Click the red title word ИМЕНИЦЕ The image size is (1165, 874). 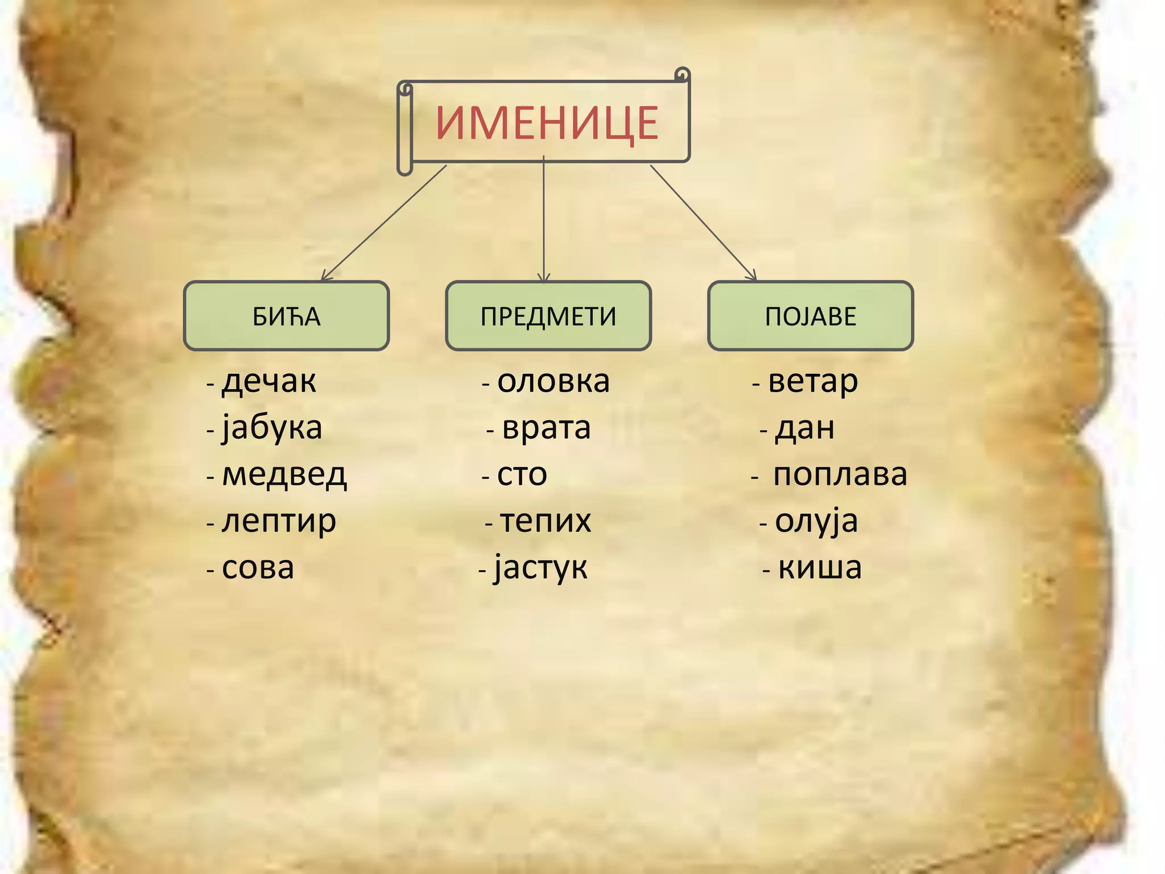click(x=547, y=123)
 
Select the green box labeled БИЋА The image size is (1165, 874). click(x=286, y=316)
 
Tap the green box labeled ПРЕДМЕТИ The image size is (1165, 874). click(x=548, y=316)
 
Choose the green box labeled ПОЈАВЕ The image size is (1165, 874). click(x=810, y=316)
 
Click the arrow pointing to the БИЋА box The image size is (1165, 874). click(x=384, y=222)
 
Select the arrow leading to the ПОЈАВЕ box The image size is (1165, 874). click(x=703, y=222)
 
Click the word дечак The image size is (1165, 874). click(x=268, y=381)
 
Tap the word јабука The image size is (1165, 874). click(x=272, y=428)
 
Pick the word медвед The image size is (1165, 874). click(x=284, y=475)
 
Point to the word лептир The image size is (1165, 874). click(x=279, y=521)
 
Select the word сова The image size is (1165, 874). click(x=258, y=568)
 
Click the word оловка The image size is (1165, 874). click(x=553, y=381)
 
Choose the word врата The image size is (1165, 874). click(x=546, y=428)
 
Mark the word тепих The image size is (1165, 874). click(x=546, y=521)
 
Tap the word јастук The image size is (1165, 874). click(x=540, y=568)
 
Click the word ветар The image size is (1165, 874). click(x=813, y=381)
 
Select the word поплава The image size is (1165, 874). click(x=840, y=475)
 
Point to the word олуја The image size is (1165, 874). click(x=816, y=521)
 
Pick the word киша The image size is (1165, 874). click(x=820, y=568)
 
